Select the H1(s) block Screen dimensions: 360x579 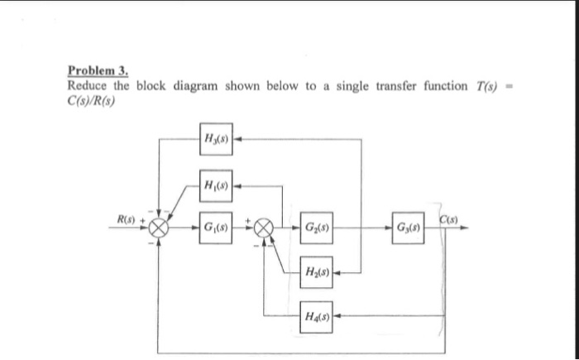(x=214, y=184)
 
